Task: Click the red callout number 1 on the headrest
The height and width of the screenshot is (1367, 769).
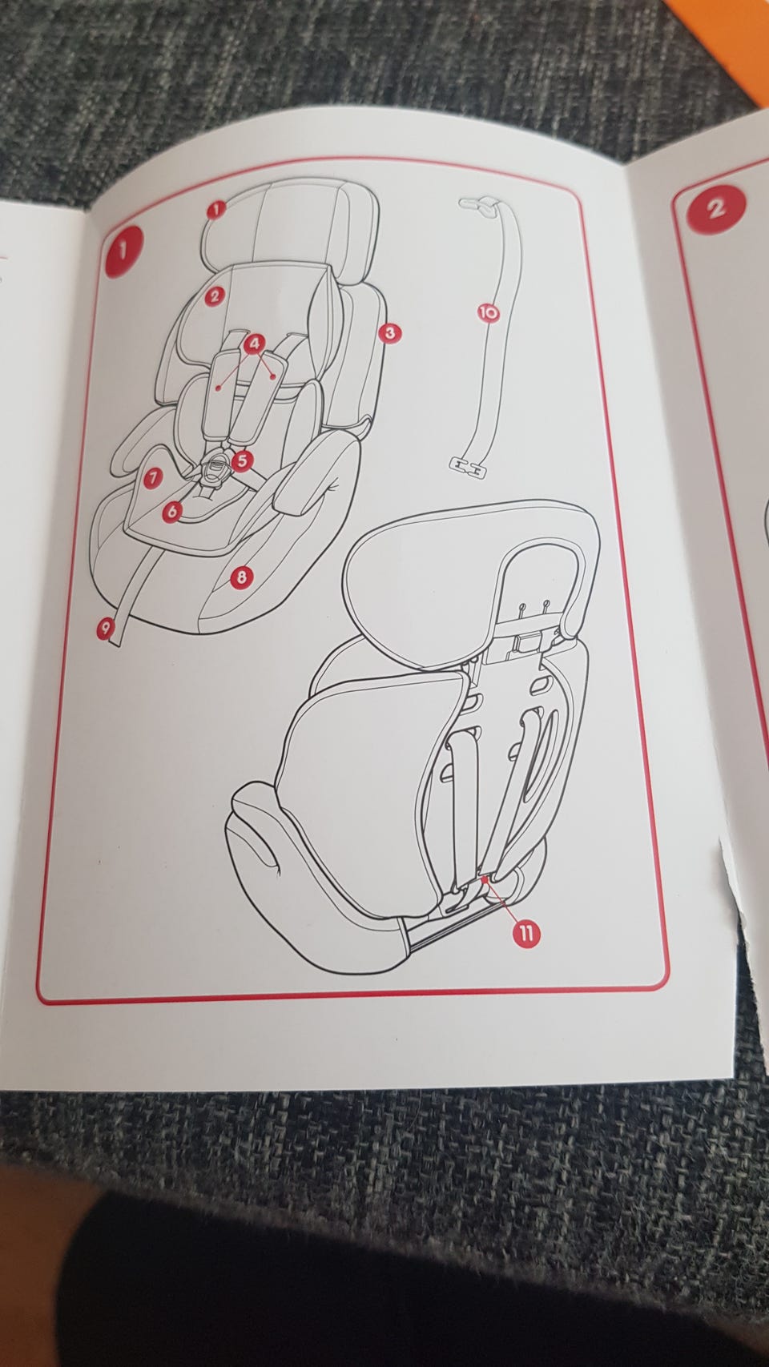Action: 216,210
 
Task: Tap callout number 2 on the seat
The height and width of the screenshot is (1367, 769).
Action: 214,296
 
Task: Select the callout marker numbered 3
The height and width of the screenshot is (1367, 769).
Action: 389,333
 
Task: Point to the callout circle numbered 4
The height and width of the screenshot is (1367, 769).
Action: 254,344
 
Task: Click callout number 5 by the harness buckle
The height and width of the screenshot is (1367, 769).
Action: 242,460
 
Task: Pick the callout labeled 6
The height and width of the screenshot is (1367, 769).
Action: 172,511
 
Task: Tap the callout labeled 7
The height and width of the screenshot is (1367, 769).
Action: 152,477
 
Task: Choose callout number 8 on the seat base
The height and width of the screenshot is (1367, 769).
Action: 242,576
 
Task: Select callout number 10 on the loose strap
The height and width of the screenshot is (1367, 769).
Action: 488,313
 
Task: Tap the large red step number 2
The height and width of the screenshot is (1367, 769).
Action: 716,209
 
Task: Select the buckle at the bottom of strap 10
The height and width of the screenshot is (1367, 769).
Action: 468,467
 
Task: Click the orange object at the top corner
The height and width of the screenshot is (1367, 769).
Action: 739,37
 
